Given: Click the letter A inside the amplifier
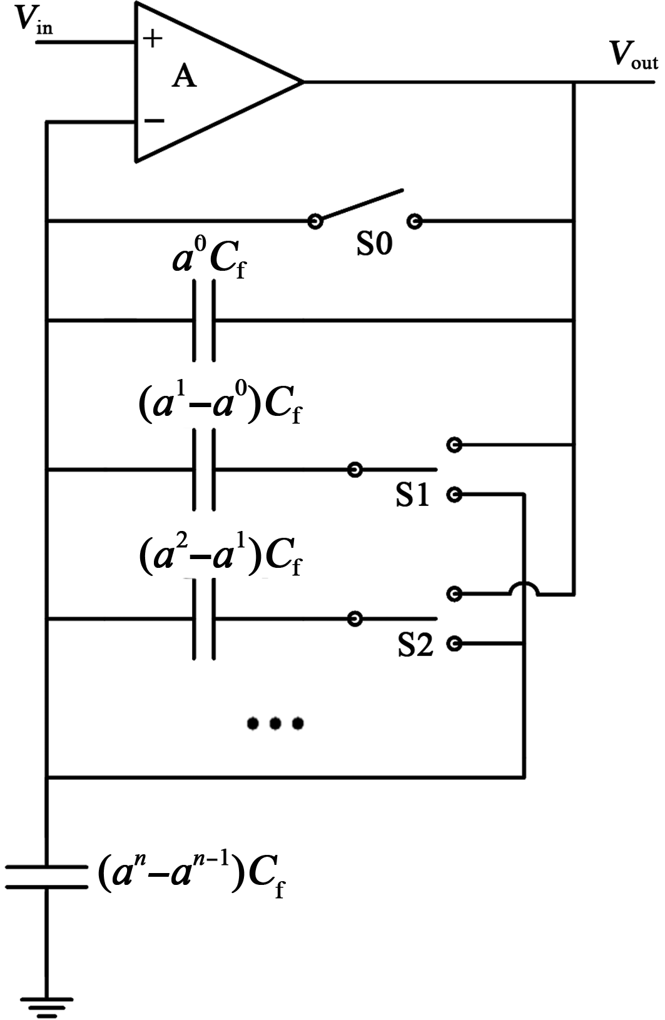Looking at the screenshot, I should (x=184, y=77).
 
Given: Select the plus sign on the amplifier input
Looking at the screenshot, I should (x=153, y=39).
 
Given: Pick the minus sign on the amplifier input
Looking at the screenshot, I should (x=153, y=121).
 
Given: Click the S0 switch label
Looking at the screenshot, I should (x=374, y=245).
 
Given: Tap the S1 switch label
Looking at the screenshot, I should (x=412, y=495).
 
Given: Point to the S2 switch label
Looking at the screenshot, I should (x=415, y=645).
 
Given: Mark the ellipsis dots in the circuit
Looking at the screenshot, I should (x=275, y=724).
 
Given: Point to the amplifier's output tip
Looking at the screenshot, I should (x=302, y=81).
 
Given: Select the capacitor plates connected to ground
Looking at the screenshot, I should (x=46, y=877).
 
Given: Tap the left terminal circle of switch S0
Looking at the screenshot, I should (x=315, y=221).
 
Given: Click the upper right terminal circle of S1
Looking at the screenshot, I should (x=455, y=445).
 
